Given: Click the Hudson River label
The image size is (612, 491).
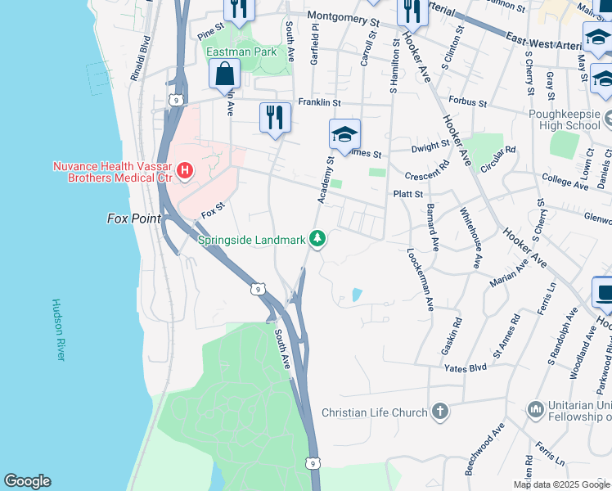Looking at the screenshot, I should pos(58,330).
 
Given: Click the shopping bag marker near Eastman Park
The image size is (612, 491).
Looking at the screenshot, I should pos(224,75).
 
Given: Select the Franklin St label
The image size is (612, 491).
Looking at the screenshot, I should pos(319,102).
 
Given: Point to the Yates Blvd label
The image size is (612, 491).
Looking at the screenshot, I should pos(465,369).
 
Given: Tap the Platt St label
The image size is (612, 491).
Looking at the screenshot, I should pos(407,194).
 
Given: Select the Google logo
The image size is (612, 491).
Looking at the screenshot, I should pos(27,481).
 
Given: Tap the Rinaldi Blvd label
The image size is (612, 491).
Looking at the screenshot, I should pos(140,58).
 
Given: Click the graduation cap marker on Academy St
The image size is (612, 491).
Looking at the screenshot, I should pos(344,134).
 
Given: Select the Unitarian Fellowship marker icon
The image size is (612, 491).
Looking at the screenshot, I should pos(536,408).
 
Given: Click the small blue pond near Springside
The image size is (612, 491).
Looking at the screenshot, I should pos(357,295).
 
